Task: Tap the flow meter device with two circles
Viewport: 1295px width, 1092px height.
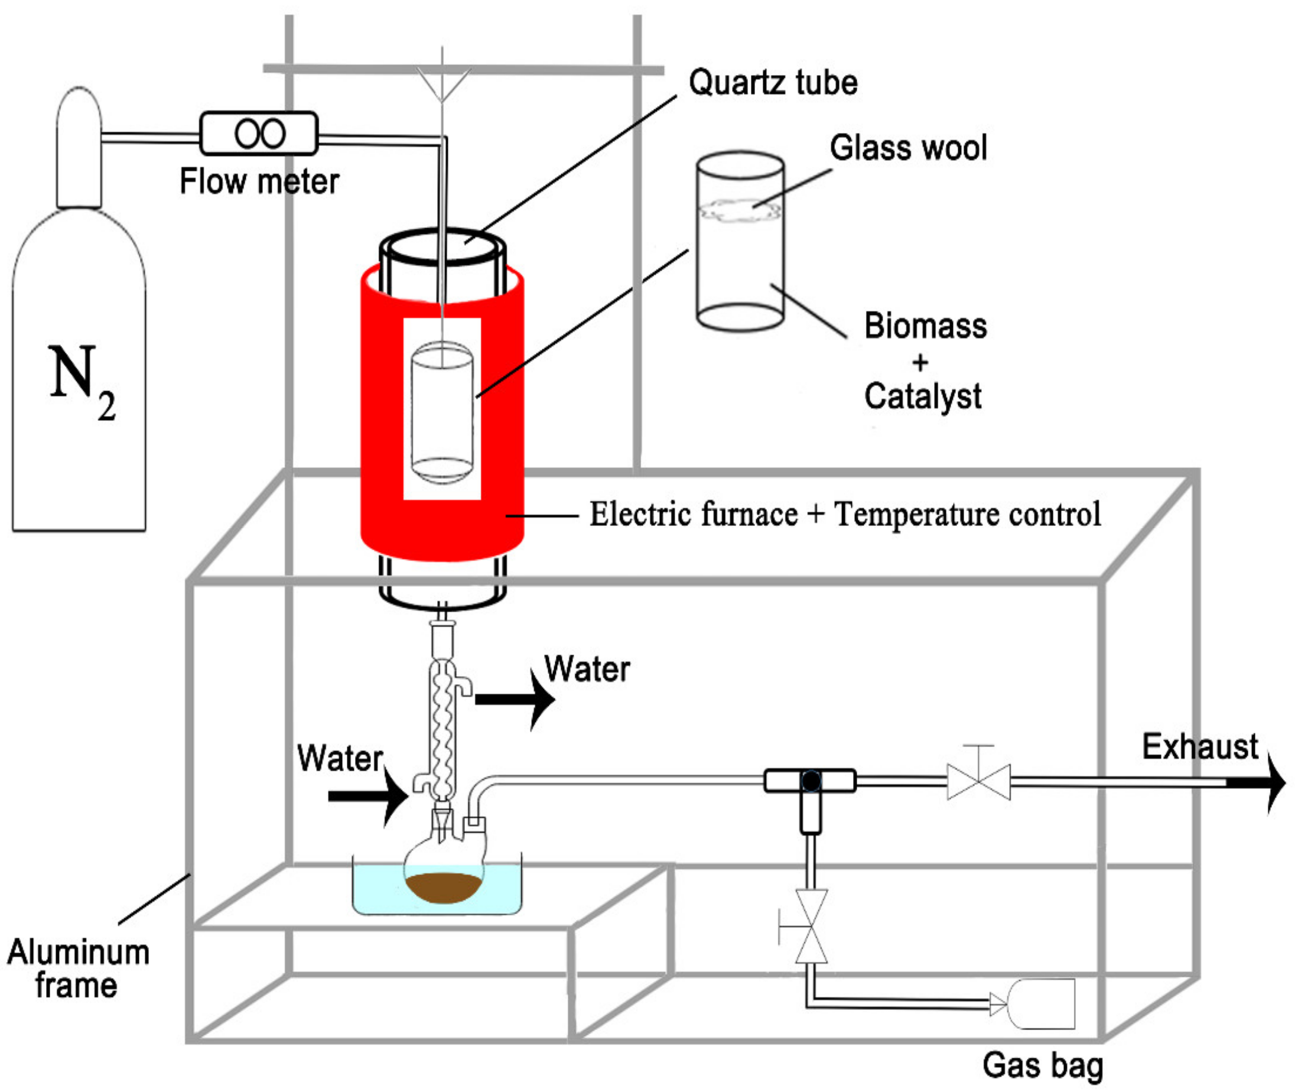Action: click(x=259, y=133)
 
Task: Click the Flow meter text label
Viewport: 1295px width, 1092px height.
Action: click(x=259, y=181)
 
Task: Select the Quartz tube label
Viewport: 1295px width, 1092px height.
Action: click(x=773, y=82)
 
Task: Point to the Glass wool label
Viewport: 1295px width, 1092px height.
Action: click(x=907, y=148)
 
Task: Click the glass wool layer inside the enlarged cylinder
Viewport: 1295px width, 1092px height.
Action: click(x=740, y=210)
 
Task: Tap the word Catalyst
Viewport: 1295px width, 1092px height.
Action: click(x=922, y=396)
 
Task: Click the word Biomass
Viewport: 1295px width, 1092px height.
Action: click(x=925, y=326)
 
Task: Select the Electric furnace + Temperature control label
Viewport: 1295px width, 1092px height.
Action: click(x=844, y=515)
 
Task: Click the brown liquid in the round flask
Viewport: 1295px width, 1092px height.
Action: click(x=443, y=886)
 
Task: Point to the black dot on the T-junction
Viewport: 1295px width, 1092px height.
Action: click(x=811, y=781)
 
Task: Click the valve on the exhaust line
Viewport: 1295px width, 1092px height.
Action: click(x=979, y=782)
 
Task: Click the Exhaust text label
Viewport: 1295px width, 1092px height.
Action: click(x=1200, y=746)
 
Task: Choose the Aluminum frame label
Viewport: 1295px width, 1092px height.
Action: click(x=78, y=969)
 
